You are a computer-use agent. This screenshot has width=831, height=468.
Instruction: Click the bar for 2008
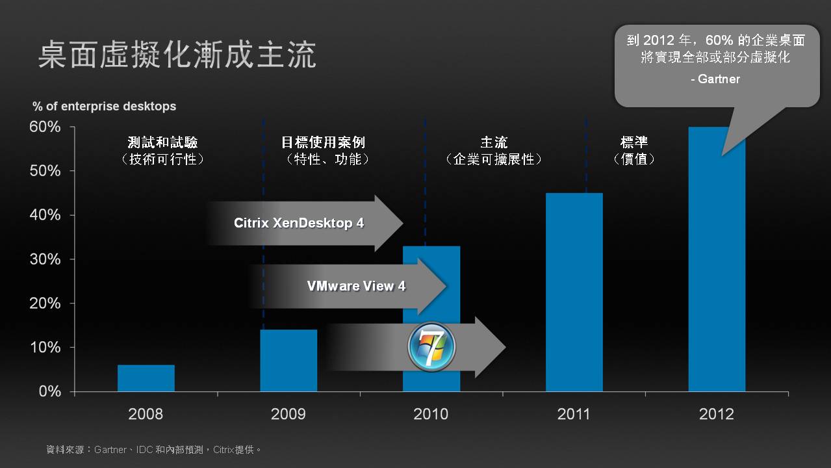[146, 378]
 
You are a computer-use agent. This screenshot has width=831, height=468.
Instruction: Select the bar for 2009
[288, 360]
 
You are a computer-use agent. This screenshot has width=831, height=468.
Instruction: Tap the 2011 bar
[574, 292]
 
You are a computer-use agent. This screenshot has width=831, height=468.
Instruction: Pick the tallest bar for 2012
[717, 259]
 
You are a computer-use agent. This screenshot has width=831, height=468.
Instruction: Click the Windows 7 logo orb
[431, 347]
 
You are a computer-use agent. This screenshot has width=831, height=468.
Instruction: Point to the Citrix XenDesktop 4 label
[299, 223]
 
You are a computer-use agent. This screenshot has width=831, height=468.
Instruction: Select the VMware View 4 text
[356, 286]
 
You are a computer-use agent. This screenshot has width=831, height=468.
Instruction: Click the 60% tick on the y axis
[45, 127]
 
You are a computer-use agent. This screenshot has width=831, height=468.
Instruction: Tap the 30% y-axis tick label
[45, 259]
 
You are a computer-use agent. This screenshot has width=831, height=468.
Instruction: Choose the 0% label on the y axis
[50, 391]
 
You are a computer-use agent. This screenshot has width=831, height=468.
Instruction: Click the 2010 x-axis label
[431, 414]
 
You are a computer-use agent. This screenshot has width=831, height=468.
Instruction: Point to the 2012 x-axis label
[717, 414]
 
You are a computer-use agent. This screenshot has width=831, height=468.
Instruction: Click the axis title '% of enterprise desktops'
[104, 106]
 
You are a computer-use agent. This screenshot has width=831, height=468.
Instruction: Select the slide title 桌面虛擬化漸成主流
[177, 55]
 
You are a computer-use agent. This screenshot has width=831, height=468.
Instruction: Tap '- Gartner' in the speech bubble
[715, 79]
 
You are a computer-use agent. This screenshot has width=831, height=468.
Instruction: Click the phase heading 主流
[494, 142]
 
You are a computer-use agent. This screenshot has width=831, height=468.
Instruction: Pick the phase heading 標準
[634, 142]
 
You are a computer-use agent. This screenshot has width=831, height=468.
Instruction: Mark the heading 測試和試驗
[163, 142]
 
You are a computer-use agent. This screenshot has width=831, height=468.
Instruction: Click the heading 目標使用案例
[323, 142]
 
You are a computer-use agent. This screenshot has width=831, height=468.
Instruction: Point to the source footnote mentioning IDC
[153, 449]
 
